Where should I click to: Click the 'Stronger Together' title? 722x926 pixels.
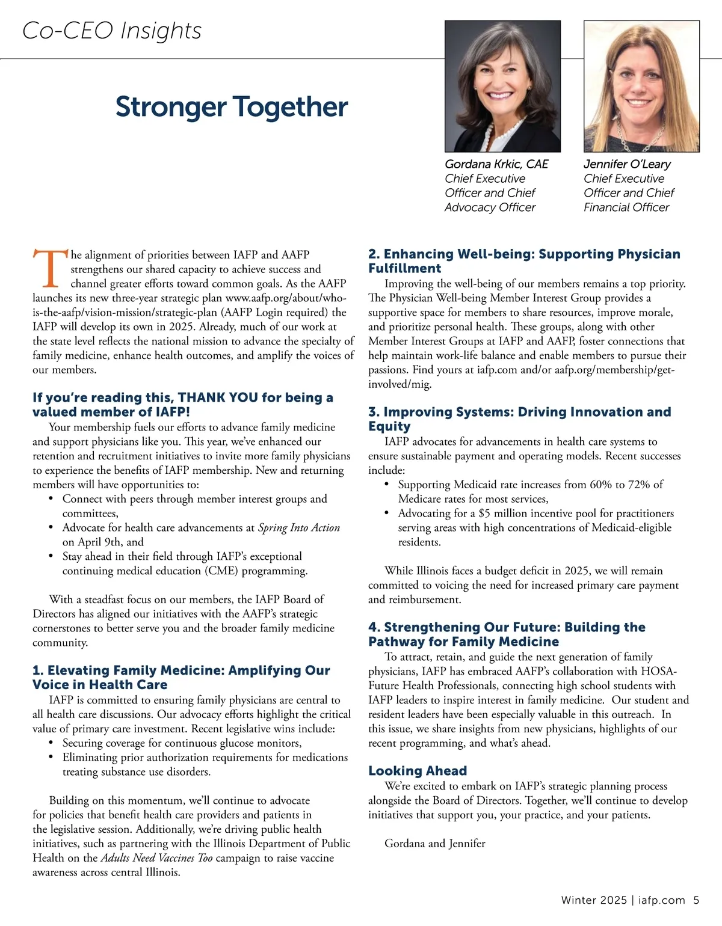coord(232,107)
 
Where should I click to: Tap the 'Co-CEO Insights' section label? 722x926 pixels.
coord(112,31)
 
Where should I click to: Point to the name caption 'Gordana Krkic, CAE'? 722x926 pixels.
coord(496,164)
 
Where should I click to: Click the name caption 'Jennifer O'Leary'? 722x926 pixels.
coord(627,164)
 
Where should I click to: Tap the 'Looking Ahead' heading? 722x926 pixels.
coord(418,771)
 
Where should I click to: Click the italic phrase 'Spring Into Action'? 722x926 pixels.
coord(299,528)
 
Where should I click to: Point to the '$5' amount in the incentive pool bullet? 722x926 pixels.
coord(484,514)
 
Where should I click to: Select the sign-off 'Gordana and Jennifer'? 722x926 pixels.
coord(434,844)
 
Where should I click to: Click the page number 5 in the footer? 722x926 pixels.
coord(696,900)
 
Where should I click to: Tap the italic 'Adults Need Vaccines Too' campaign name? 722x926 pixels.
coord(156,858)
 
